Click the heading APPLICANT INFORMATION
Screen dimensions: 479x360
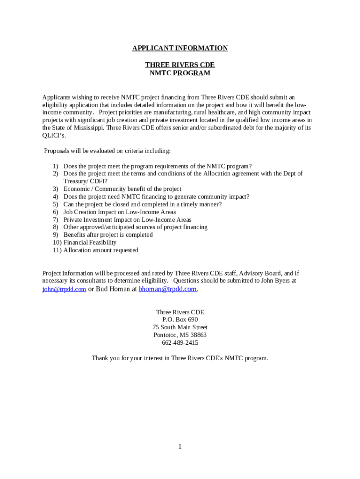click(x=180, y=48)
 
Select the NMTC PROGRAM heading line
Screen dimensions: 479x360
click(x=180, y=73)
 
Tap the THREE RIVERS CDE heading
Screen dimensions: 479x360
click(x=180, y=65)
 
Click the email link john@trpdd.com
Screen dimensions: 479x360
click(x=64, y=289)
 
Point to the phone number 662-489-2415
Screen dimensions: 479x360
click(x=180, y=342)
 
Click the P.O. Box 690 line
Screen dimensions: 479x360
click(x=180, y=319)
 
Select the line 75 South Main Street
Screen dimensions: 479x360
click(x=180, y=327)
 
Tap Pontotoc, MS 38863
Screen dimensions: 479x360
click(x=180, y=335)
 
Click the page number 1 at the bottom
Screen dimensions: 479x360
click(x=180, y=446)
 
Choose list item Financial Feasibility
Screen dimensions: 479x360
click(x=90, y=242)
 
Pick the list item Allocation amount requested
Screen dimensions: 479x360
click(x=101, y=250)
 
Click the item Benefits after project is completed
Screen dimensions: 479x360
click(x=108, y=235)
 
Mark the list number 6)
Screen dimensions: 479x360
click(x=55, y=212)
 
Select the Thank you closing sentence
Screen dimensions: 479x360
click(x=180, y=358)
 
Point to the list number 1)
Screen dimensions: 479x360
click(x=55, y=166)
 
